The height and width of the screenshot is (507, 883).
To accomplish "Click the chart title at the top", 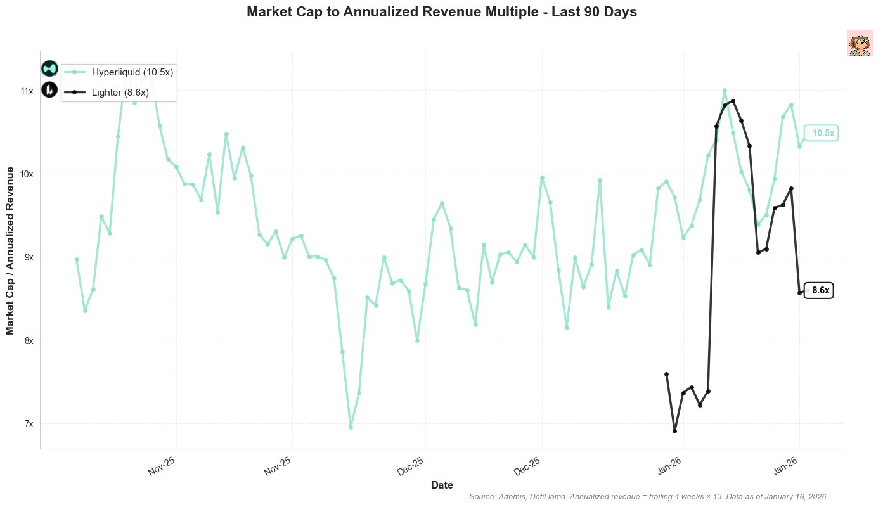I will coord(441,12).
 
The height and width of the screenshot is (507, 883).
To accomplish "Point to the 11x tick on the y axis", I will coord(27,91).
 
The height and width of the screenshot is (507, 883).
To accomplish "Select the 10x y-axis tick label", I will coord(27,174).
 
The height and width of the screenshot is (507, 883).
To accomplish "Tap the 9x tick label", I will coord(29,257).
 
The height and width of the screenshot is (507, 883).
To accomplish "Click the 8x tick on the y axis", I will coord(29,340).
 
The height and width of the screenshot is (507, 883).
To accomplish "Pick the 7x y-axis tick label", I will coord(29,423).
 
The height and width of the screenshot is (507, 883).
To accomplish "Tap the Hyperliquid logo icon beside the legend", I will coord(49,68).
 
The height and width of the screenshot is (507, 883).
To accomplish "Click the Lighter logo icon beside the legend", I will coord(49,90).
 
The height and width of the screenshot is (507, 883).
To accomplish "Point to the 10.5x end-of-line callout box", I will coord(822,134).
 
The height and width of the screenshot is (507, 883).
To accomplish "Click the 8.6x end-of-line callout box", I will coord(820,291).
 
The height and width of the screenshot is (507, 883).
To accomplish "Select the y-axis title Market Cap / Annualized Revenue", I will coord(11,250).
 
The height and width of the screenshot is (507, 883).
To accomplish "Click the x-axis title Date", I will coord(442,485).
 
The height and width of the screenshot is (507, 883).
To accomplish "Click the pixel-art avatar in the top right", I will coord(860,43).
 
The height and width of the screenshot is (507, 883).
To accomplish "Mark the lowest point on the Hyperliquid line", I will coord(351,427).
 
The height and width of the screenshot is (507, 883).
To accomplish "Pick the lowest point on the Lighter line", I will coord(674,431).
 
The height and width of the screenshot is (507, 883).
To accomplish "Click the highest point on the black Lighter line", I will coord(733,101).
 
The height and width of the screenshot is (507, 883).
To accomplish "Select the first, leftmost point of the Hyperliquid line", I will coord(77,259).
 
